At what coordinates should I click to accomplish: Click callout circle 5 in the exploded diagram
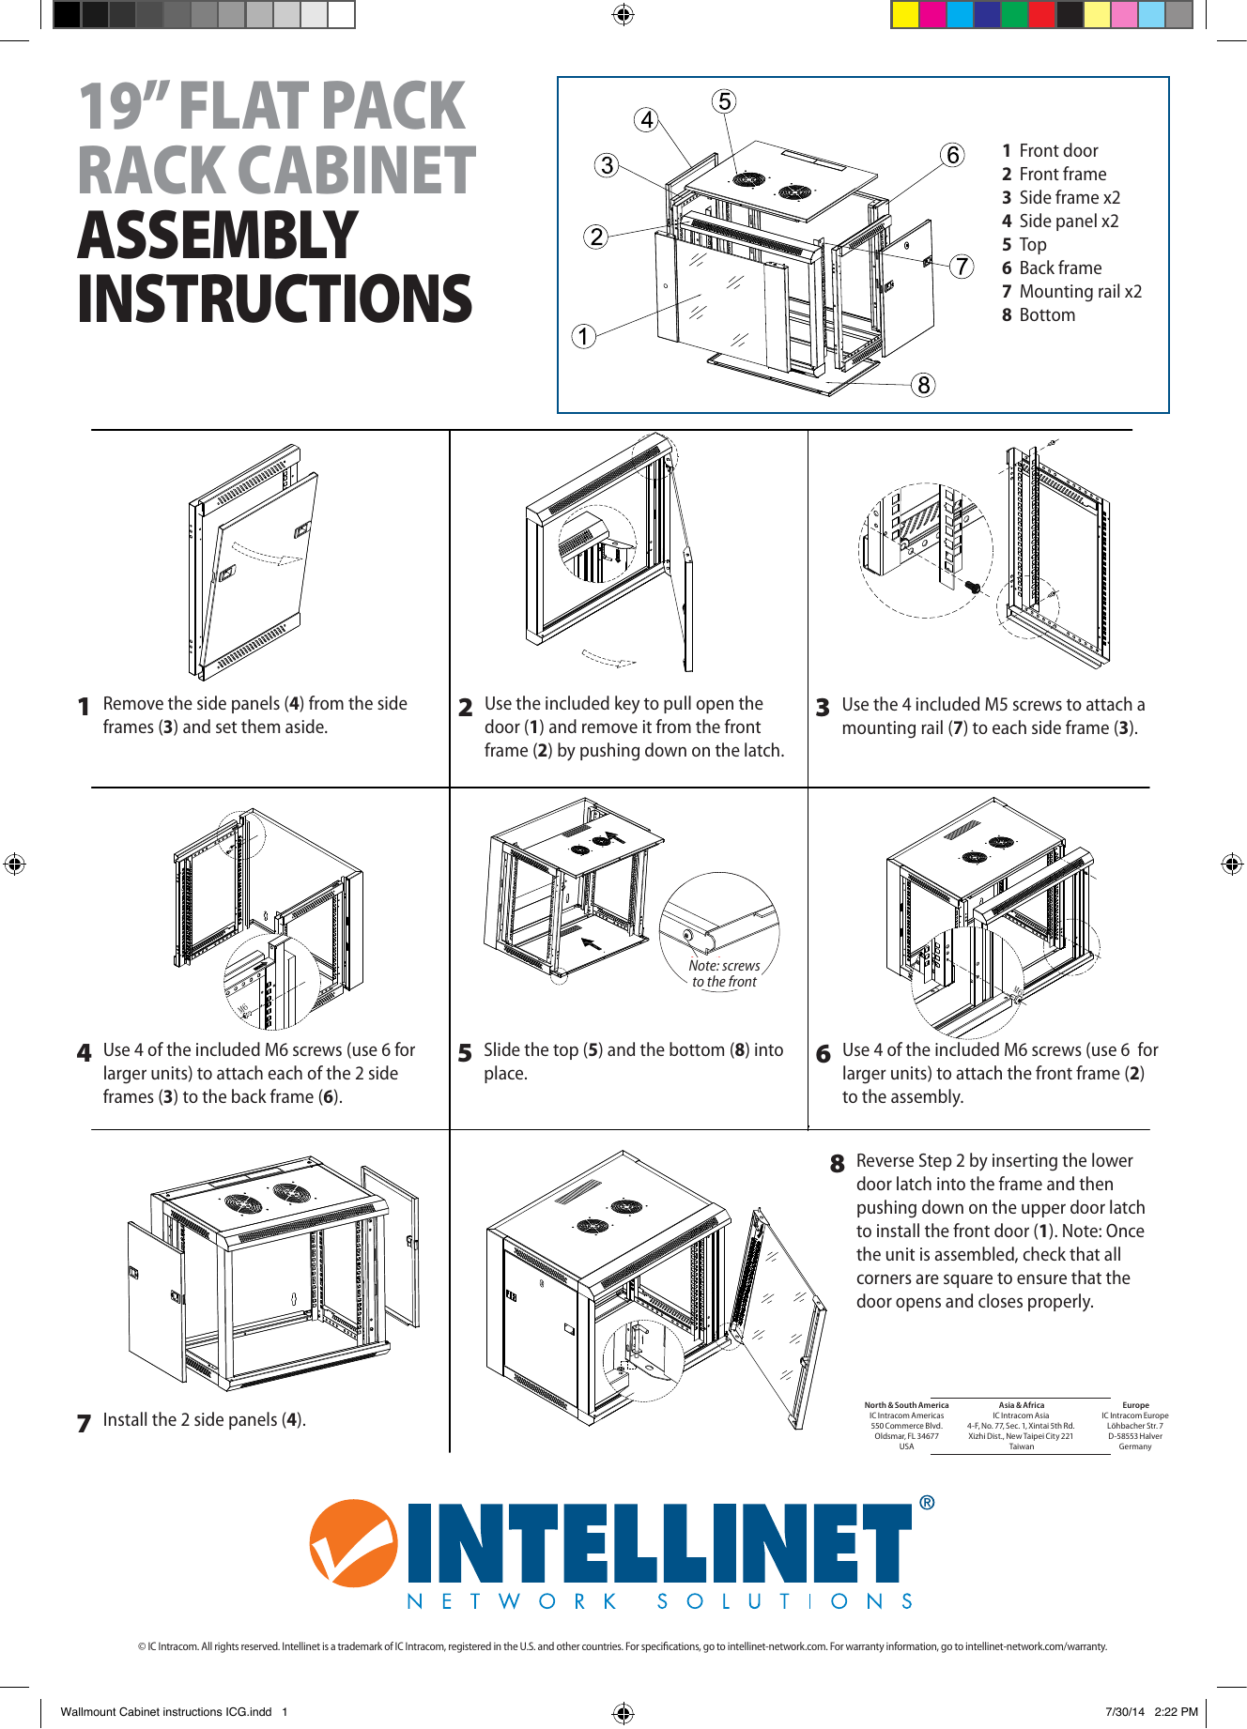(724, 101)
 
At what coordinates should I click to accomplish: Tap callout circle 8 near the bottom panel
(924, 385)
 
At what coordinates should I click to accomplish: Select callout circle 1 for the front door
(584, 336)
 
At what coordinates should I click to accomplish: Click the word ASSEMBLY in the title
(218, 236)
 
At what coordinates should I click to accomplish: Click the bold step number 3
(823, 708)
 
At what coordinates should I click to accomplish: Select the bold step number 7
(84, 1423)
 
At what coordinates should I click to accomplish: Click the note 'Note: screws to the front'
(724, 973)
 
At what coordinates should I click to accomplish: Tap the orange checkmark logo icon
(353, 1543)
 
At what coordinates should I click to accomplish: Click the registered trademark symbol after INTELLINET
(927, 1503)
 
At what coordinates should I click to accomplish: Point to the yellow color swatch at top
(905, 15)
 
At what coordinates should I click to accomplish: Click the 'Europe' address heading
(1135, 1405)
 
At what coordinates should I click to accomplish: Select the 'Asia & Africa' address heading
(1021, 1405)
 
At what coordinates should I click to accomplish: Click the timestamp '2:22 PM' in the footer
(1176, 1711)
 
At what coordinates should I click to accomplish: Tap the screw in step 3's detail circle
(974, 587)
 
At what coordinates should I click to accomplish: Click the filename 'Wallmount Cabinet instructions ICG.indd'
(166, 1711)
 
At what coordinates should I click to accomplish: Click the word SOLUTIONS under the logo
(785, 1601)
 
